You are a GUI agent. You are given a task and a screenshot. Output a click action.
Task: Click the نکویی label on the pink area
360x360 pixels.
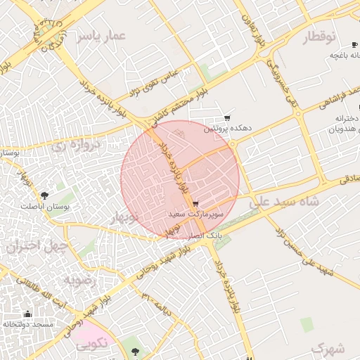pos(91,343)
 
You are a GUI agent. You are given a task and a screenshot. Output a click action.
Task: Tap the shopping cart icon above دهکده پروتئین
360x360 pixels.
pos(226,118)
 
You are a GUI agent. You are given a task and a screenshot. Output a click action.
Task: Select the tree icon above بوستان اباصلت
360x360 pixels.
pos(45,195)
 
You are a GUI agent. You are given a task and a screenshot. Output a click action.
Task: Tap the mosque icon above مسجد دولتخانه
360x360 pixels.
pos(27,314)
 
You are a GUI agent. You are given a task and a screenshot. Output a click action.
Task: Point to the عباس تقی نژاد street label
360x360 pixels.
pos(155,84)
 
